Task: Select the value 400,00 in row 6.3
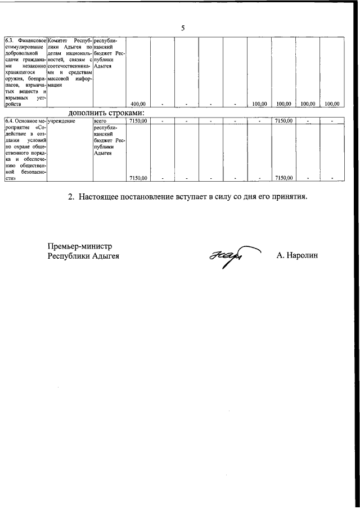138,104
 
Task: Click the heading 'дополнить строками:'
106,112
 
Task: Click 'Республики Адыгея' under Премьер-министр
84,256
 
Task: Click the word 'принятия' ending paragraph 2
287,197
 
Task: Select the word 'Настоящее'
102,197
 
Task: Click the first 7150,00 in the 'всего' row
138,120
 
